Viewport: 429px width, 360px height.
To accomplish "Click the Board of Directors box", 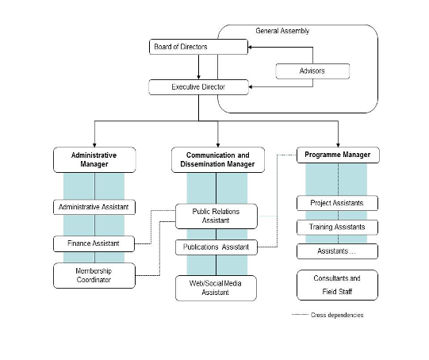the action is [x=198, y=47].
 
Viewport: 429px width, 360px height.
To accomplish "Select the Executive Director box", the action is [x=198, y=87].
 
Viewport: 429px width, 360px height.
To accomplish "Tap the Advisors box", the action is [x=312, y=71].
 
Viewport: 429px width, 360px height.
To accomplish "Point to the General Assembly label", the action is [x=282, y=31].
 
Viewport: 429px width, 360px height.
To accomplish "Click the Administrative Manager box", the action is [x=94, y=159].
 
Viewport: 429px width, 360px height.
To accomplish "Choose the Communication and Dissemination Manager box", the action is [x=218, y=159].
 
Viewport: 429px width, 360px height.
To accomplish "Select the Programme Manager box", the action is [x=338, y=155].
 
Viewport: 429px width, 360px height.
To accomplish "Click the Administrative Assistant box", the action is [x=94, y=207].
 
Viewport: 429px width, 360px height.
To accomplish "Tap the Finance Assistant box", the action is [x=94, y=243].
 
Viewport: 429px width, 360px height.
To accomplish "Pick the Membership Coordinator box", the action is [x=94, y=275].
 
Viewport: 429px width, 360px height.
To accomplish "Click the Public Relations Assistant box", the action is [x=216, y=216].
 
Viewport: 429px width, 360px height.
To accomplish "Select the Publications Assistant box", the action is [x=216, y=247].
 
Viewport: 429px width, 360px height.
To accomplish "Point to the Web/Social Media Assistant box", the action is [x=216, y=288].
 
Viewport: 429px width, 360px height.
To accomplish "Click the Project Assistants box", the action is [x=337, y=203].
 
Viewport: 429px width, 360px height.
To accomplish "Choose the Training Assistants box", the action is [x=337, y=227].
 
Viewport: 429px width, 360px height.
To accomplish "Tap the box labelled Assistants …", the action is [x=337, y=251].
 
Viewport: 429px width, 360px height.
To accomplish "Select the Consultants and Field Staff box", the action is [x=337, y=285].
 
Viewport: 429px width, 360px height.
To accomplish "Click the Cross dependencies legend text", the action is [x=337, y=315].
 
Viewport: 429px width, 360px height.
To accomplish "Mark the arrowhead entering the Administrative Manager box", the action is [x=94, y=145].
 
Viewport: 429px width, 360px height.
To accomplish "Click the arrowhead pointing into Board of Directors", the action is [x=250, y=47].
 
